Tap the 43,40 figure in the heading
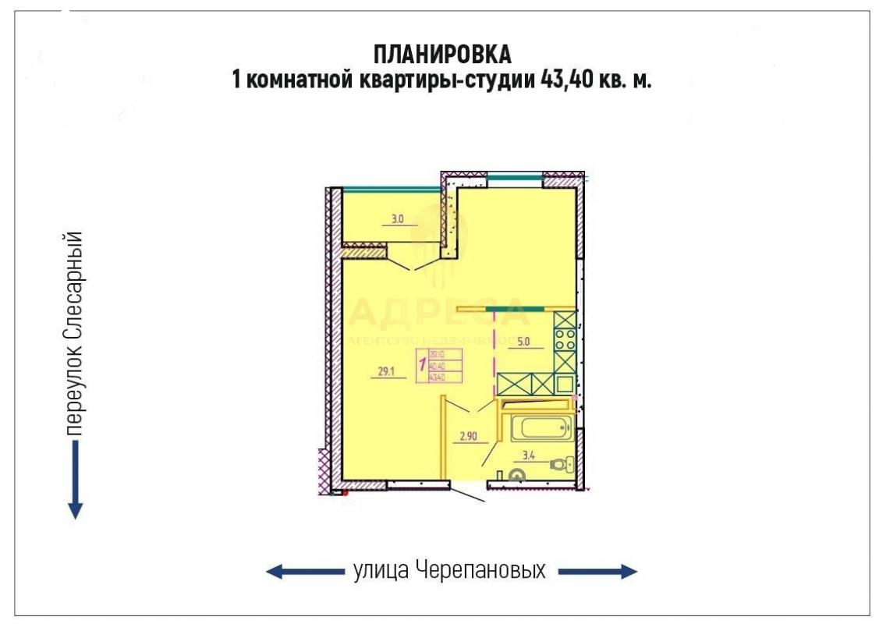(x=555, y=80)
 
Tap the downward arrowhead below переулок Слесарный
(x=75, y=510)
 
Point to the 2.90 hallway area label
(x=468, y=437)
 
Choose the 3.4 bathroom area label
(x=527, y=456)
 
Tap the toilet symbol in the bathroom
(x=559, y=464)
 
